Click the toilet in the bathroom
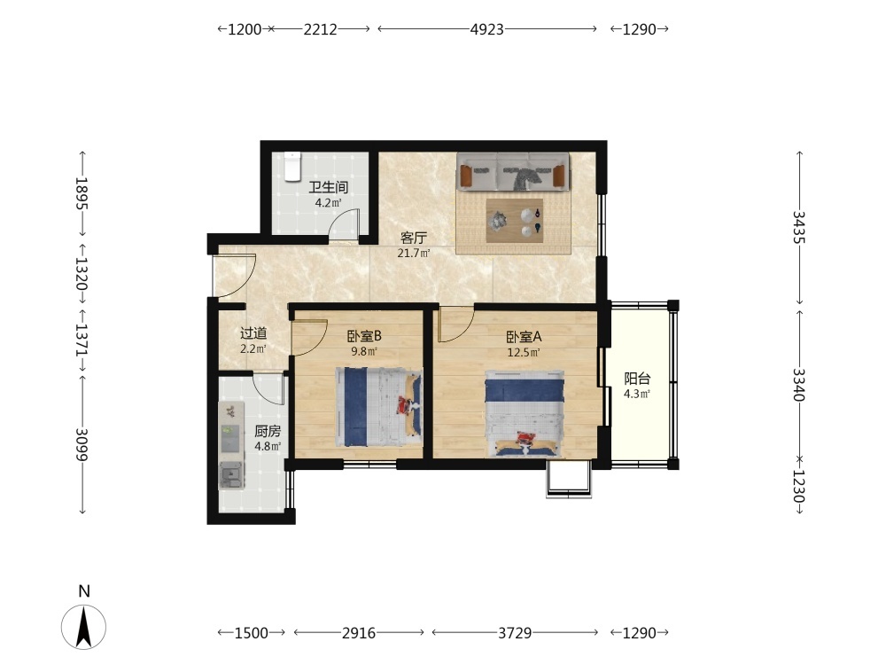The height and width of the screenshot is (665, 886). tap(292, 167)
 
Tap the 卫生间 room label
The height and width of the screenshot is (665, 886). tap(328, 186)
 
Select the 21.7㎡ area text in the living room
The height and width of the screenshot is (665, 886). tap(413, 253)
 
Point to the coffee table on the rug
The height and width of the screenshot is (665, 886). tap(515, 220)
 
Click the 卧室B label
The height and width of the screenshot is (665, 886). tap(364, 336)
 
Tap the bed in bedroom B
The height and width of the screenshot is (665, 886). tap(378, 406)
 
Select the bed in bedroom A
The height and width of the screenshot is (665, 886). tap(525, 413)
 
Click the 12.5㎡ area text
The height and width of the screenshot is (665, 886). tap(524, 353)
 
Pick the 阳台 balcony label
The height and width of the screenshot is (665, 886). tap(637, 379)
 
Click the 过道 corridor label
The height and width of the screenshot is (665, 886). tap(253, 333)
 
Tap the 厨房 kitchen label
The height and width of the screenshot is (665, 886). tap(268, 432)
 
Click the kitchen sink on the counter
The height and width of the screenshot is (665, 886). tap(231, 474)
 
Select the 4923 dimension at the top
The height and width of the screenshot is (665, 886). tap(486, 29)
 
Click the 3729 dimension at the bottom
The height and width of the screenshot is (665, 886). tap(514, 633)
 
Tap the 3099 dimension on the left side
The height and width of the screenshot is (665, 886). tap(82, 444)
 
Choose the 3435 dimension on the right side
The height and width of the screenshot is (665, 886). tap(798, 227)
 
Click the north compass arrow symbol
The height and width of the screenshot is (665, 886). tap(83, 627)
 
